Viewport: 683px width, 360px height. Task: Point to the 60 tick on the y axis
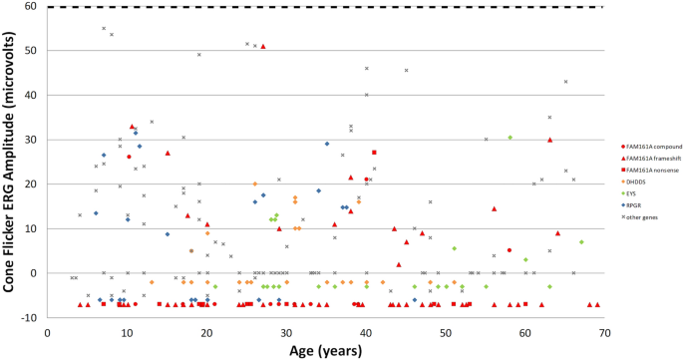click(35, 7)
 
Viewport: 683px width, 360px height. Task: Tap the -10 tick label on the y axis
click(33, 318)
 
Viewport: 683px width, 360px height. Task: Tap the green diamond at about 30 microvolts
click(510, 138)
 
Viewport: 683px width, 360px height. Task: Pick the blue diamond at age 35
click(326, 144)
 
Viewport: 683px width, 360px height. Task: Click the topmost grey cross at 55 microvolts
click(104, 28)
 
